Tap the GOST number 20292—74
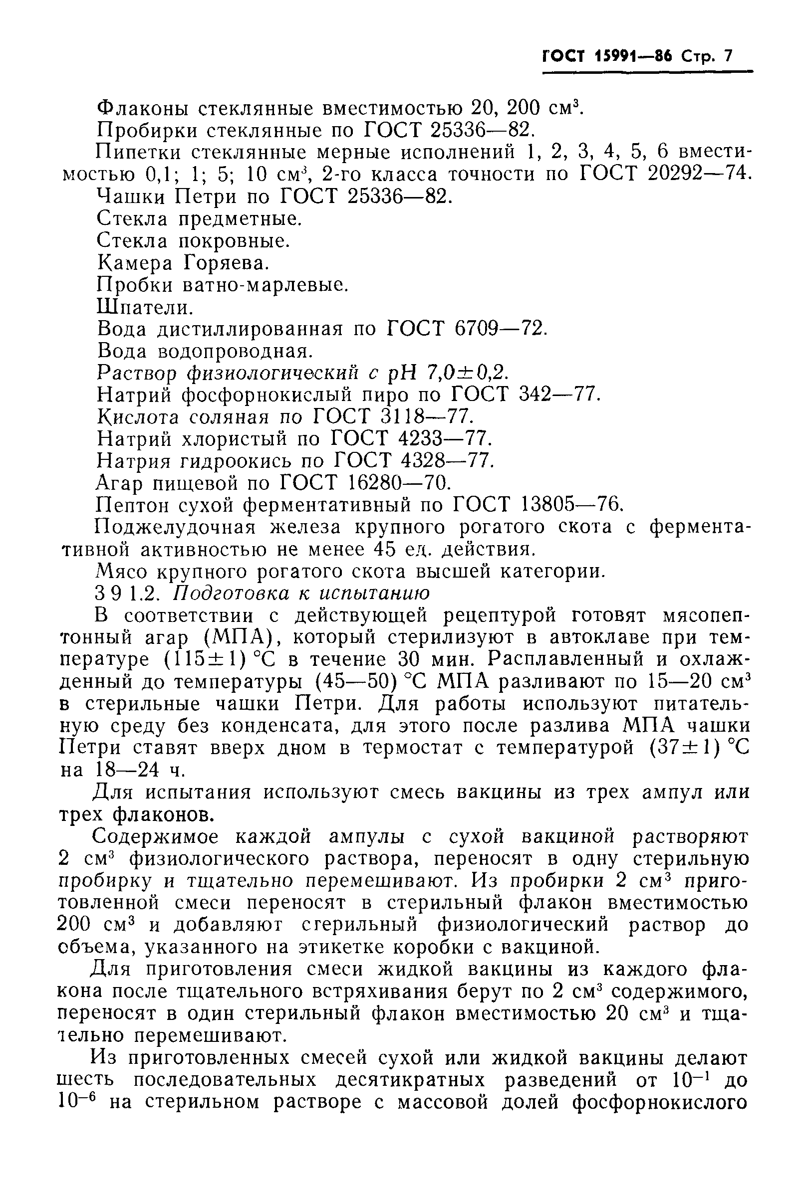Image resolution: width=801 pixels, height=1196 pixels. tap(699, 175)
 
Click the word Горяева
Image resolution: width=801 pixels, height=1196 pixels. tap(226, 263)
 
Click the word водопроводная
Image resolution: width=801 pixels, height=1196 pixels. tap(234, 352)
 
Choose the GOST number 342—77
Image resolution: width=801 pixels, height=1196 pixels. tap(557, 396)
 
